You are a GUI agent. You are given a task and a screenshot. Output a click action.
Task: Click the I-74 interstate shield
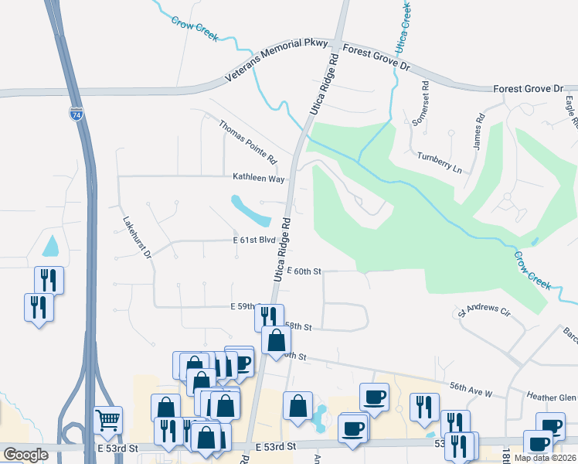tap(76, 113)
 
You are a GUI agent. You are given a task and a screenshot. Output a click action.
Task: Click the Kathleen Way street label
tap(259, 178)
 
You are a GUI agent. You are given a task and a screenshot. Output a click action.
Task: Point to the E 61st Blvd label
tap(254, 241)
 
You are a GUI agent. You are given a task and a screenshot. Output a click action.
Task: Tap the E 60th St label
tap(303, 271)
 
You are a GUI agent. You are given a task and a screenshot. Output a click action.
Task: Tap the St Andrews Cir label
tap(484, 312)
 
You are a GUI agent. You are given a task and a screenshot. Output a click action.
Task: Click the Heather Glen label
tap(552, 397)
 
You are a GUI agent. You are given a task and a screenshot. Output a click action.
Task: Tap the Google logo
tap(26, 455)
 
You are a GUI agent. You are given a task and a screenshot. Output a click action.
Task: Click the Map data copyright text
tap(544, 458)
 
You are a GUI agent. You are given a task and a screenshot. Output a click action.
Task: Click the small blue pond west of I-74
tap(50, 247)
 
